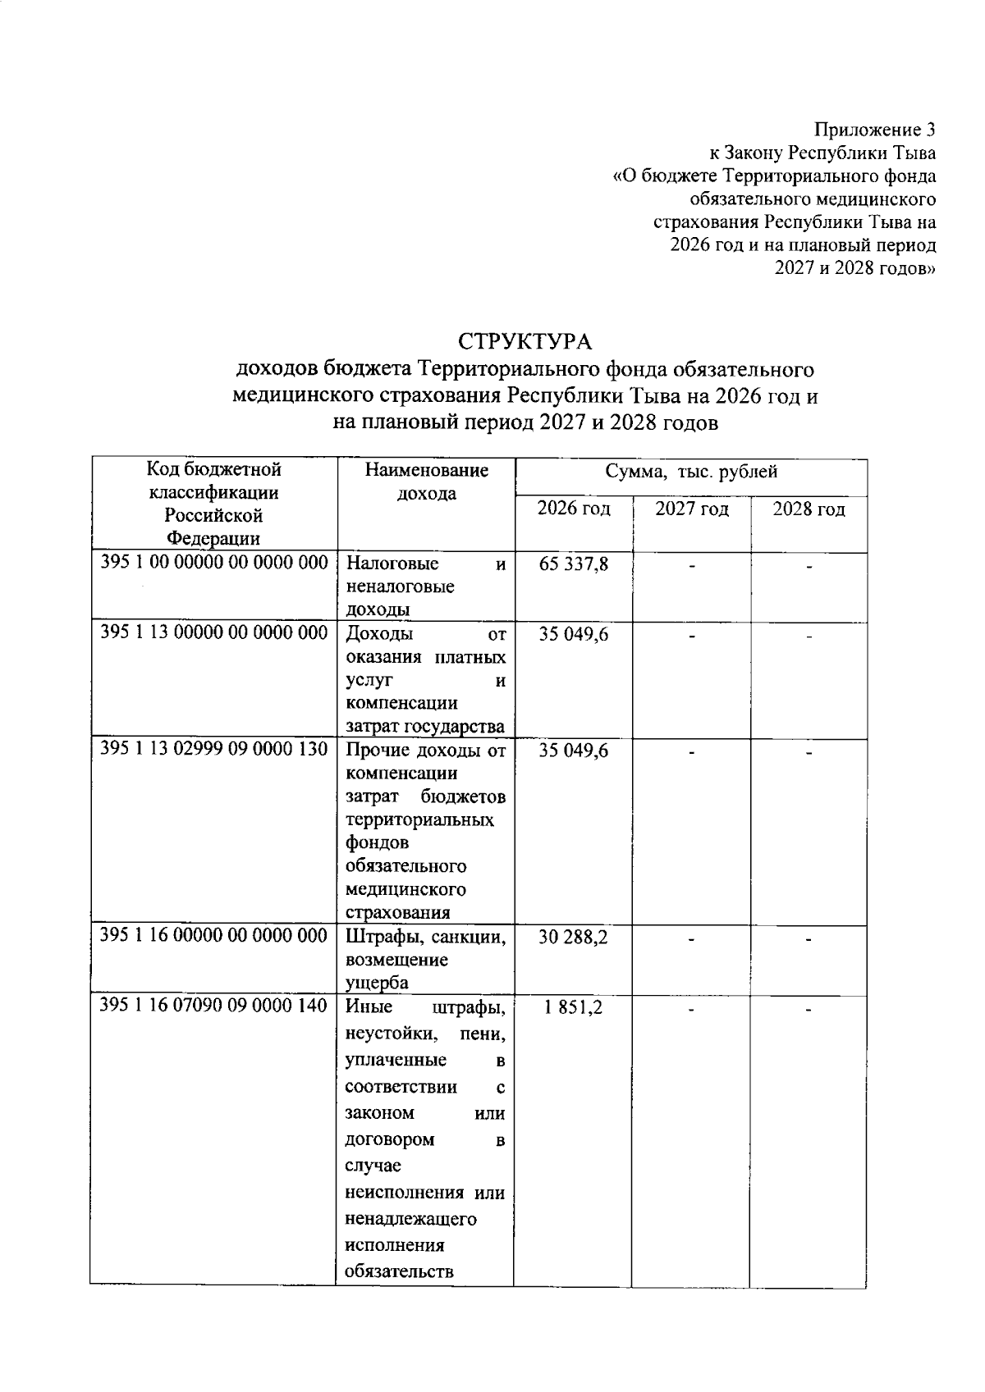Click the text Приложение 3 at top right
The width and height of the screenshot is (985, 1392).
[x=874, y=130]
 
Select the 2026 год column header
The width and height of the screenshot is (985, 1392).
[x=574, y=509]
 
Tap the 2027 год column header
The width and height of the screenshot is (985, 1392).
[x=691, y=509]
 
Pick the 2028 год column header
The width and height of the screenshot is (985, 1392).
[x=809, y=509]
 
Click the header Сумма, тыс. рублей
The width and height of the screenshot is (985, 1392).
[x=691, y=472]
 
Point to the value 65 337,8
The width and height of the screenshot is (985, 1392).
[x=574, y=564]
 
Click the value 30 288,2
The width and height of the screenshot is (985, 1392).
[x=573, y=937]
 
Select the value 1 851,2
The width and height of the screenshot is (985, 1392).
[x=573, y=1007]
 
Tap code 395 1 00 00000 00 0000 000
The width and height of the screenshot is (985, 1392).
[x=214, y=563]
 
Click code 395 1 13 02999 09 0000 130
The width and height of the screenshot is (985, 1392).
[x=214, y=749]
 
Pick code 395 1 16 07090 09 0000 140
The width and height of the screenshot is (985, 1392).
[x=213, y=1006]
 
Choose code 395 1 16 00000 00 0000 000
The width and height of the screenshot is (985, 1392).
[x=213, y=935]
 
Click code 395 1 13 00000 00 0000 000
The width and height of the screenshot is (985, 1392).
[x=214, y=632]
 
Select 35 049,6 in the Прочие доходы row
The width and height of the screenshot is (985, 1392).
[x=574, y=751]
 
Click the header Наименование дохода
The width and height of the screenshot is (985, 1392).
[x=426, y=481]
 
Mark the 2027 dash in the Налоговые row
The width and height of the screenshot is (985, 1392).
[x=692, y=565]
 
